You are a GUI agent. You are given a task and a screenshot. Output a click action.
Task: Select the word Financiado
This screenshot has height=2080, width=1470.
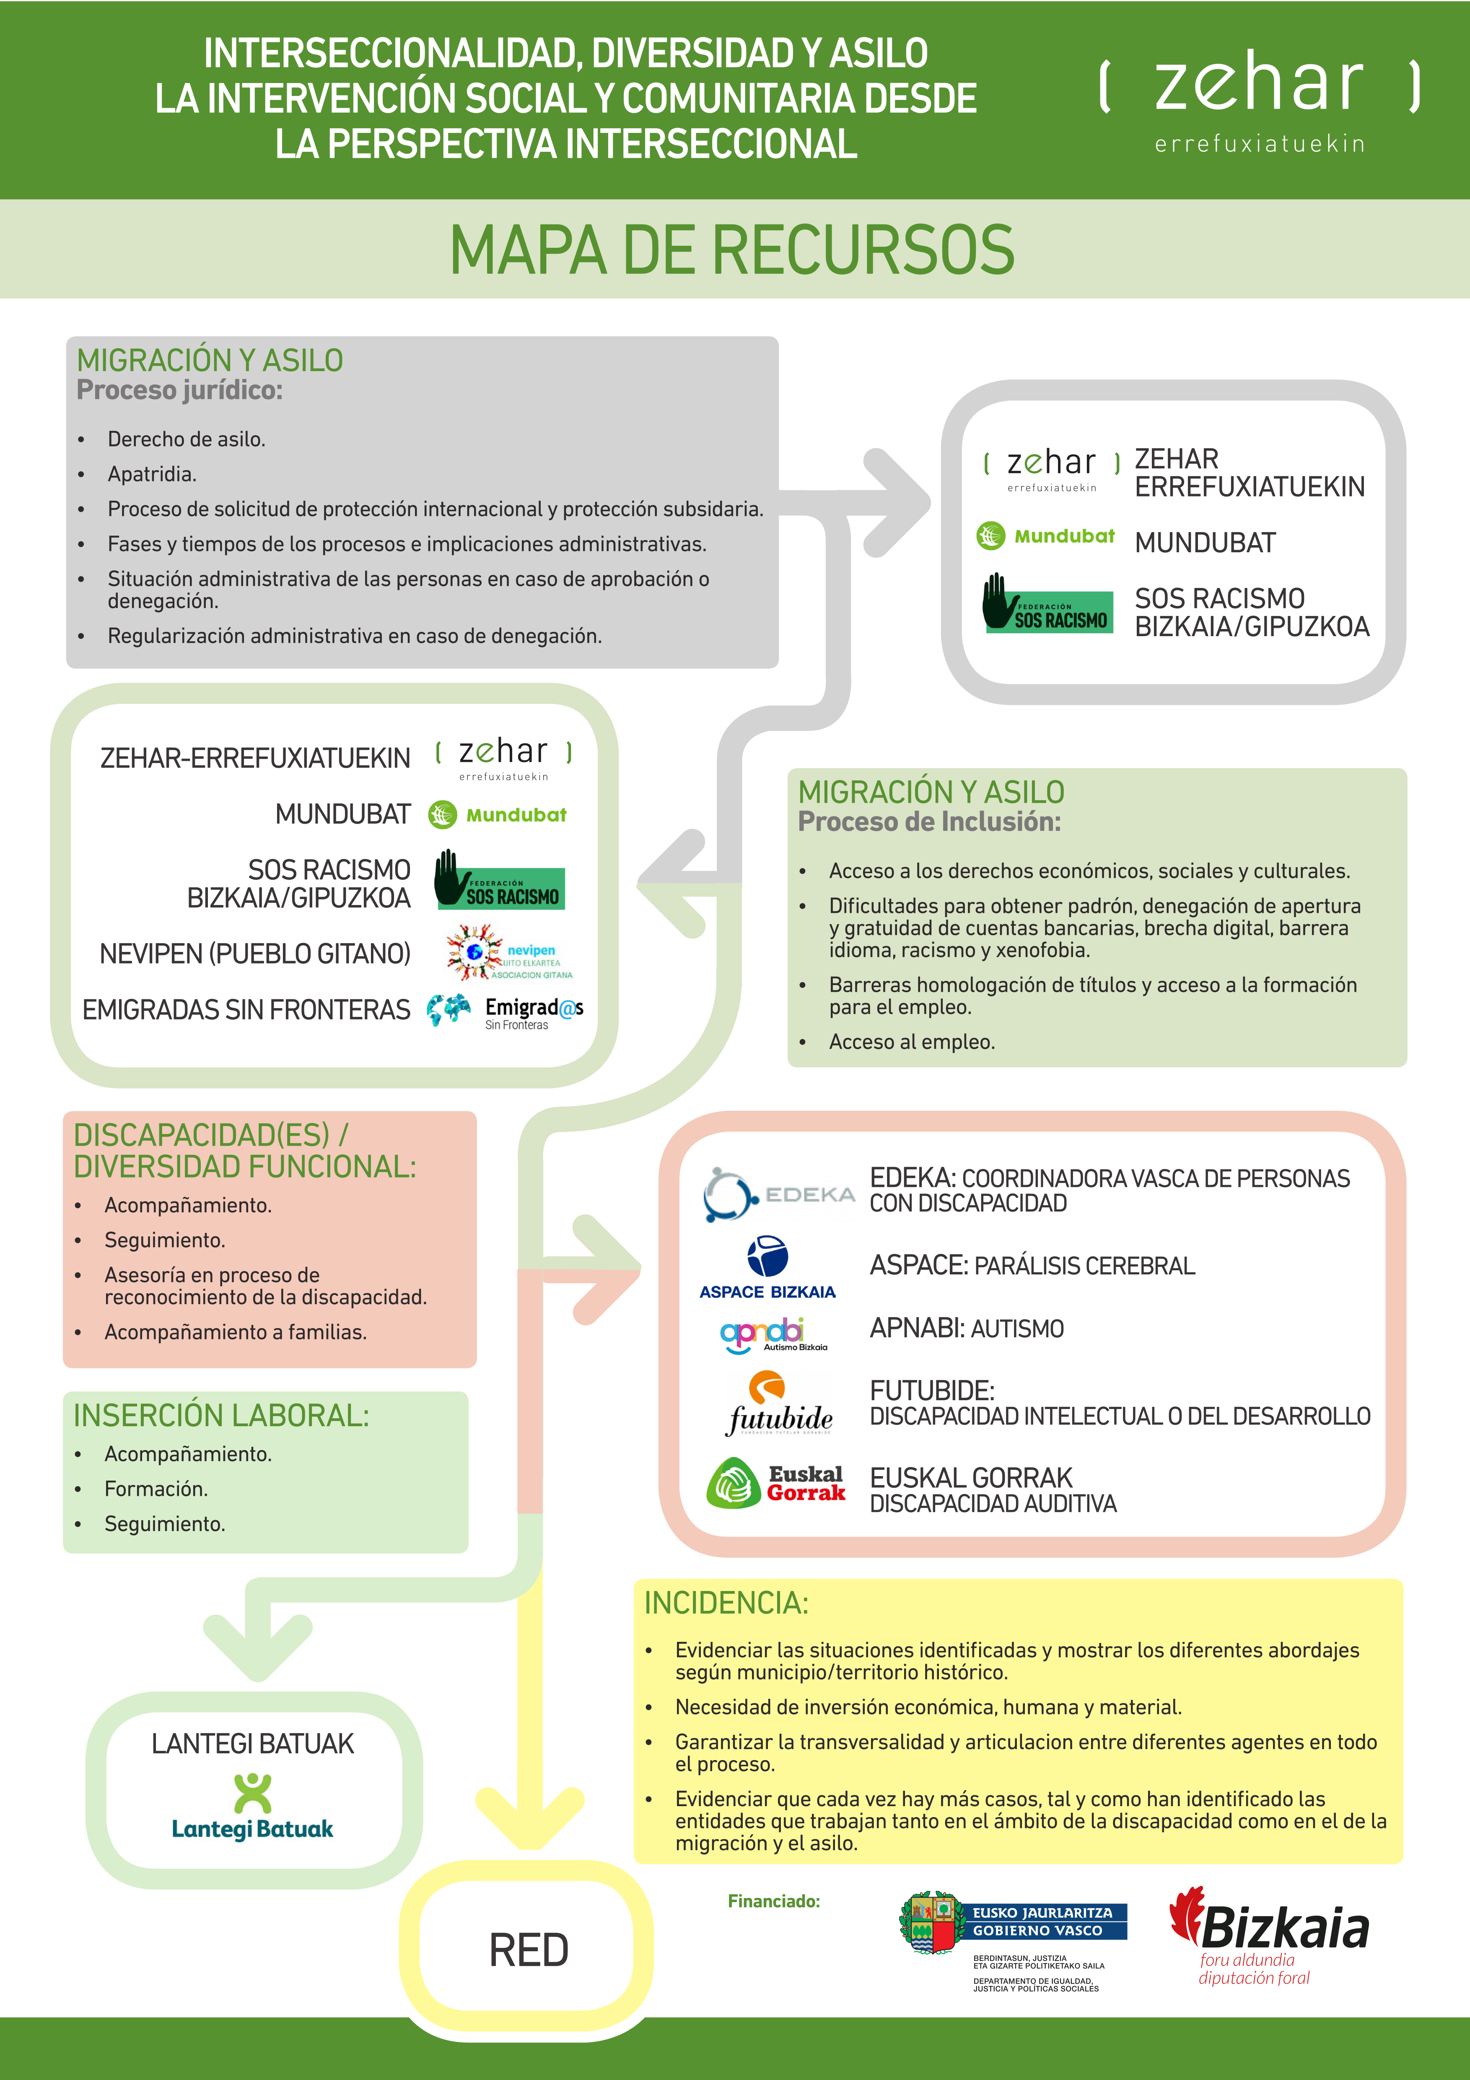[x=773, y=1901]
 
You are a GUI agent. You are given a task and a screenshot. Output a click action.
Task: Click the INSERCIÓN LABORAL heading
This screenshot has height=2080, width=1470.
[x=221, y=1415]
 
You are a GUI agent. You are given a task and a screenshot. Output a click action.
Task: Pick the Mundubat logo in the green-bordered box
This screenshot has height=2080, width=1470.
[x=496, y=814]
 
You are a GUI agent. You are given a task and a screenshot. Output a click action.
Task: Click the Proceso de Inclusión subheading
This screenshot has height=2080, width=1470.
[x=929, y=822]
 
